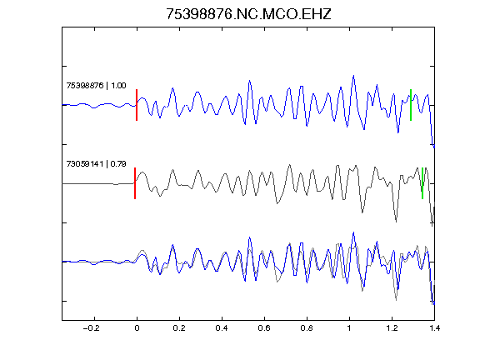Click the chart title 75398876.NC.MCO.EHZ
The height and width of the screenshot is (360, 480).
point(248,14)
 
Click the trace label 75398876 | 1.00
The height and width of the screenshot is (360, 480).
point(96,85)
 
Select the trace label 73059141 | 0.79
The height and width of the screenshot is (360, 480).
point(96,164)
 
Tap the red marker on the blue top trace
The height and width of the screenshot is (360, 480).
point(137,105)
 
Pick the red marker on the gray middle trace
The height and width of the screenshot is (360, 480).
point(135,183)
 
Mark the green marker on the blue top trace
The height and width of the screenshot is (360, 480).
point(411,105)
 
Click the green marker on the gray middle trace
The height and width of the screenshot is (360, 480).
point(422,183)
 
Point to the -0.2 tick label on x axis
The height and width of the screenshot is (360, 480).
point(92,328)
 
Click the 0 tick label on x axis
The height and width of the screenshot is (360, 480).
point(137,328)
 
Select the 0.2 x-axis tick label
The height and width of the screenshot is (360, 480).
point(179,328)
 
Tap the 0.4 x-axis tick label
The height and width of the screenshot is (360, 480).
point(222,328)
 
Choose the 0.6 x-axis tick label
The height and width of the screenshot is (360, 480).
point(264,328)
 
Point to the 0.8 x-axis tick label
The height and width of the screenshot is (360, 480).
point(307,328)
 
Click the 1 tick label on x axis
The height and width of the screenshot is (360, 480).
point(349,328)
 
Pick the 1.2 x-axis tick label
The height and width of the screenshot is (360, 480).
point(392,328)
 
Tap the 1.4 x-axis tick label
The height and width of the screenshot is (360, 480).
point(434,328)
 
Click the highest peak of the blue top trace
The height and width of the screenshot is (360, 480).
point(354,75)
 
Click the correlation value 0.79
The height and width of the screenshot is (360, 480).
point(118,164)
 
